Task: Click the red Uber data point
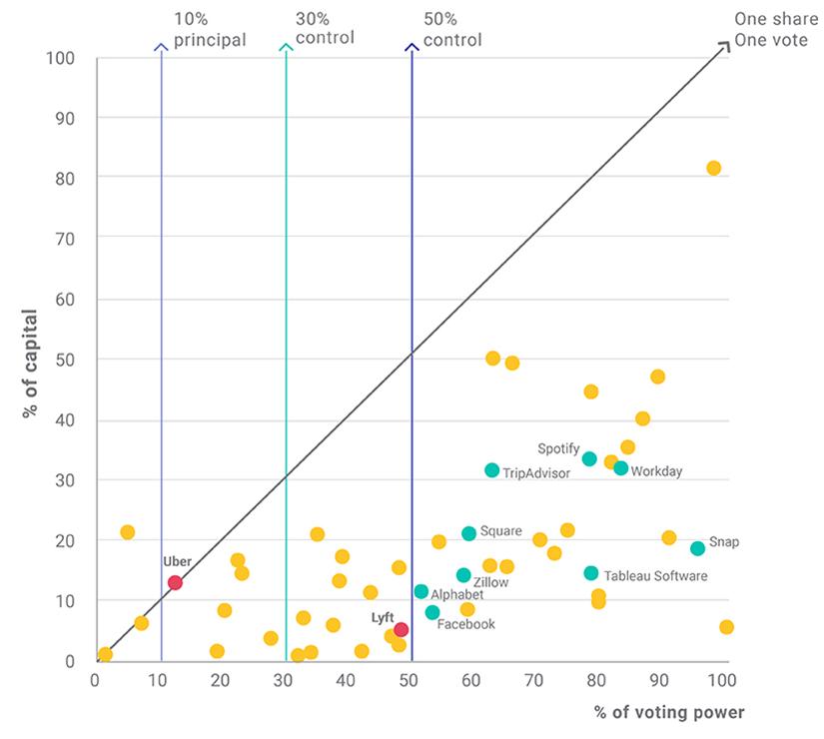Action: (x=175, y=583)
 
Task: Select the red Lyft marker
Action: (x=401, y=630)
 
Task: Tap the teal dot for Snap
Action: (x=697, y=548)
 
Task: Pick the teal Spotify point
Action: (x=589, y=459)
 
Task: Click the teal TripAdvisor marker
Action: (x=491, y=470)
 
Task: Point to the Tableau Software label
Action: (x=655, y=576)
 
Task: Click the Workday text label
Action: (x=656, y=471)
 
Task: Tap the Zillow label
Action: (x=491, y=582)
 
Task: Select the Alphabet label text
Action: (x=457, y=594)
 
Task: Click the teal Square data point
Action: (x=468, y=533)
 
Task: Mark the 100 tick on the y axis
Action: (x=62, y=58)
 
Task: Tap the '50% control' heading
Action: (x=451, y=31)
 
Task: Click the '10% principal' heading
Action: (x=209, y=31)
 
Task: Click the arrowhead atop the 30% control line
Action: (x=286, y=46)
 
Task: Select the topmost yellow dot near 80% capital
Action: (x=713, y=168)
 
